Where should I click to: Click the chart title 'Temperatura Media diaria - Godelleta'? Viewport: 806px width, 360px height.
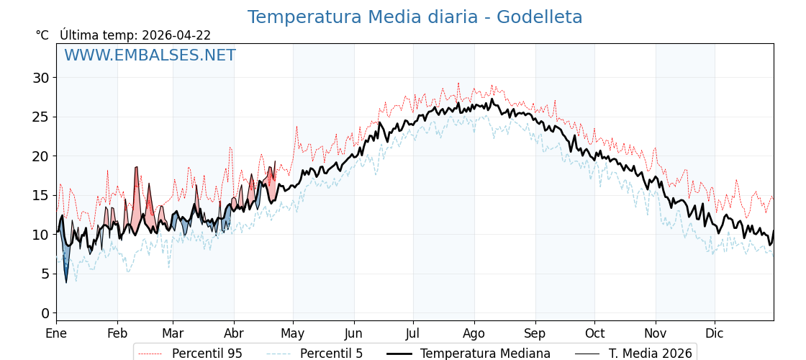coord(415,17)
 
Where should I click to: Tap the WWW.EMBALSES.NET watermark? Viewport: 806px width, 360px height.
coord(150,55)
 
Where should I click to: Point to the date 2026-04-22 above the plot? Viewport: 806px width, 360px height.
coord(176,35)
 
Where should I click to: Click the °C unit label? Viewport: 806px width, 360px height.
coord(42,35)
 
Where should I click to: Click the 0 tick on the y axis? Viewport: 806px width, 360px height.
coord(45,313)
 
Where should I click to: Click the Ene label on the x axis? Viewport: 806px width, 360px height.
coord(56,333)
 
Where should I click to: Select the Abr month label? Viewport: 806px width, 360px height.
coord(234,333)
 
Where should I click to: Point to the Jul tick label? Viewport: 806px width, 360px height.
coord(413,333)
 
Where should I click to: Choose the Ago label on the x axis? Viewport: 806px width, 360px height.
coord(474,333)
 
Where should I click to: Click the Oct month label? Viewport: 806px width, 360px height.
coord(594,333)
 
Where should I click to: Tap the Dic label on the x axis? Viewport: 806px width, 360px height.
coord(715,333)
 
